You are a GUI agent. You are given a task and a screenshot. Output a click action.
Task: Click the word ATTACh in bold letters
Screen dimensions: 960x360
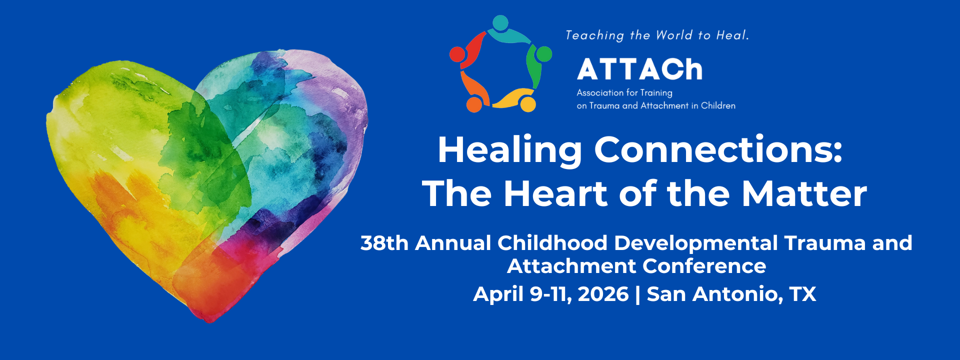pos(640,69)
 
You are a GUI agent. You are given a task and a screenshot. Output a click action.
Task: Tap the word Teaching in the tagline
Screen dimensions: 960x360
pos(595,35)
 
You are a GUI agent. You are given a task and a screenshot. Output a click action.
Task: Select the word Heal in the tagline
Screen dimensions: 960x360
pos(732,35)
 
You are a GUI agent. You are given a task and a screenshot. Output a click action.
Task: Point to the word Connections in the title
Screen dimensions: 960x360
pos(718,149)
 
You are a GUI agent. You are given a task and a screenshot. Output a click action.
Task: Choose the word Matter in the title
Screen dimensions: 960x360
pos(804,193)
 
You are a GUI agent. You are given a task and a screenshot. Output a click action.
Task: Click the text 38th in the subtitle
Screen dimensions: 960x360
pos(384,243)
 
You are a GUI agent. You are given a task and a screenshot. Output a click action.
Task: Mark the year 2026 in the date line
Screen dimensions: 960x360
pos(603,294)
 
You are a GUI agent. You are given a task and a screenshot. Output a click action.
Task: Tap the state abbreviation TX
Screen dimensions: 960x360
pos(803,294)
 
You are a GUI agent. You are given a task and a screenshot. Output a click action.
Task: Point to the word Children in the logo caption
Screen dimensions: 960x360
pos(718,105)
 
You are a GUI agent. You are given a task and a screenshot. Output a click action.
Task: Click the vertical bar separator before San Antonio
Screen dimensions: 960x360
pos(637,294)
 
